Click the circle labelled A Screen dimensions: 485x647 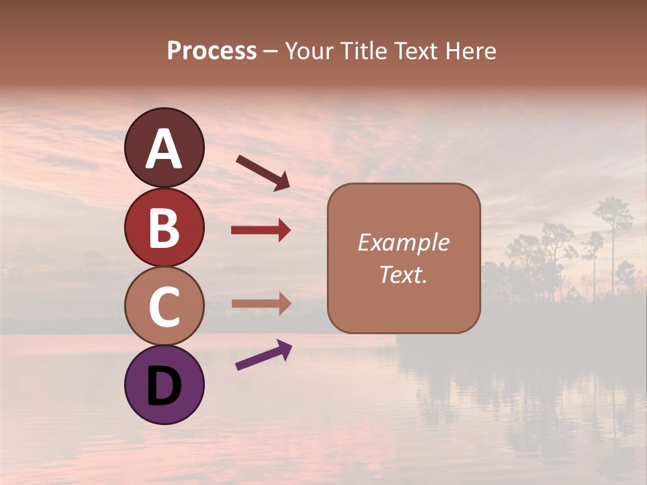click(164, 148)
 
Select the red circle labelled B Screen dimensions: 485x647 click(164, 227)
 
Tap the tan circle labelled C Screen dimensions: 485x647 click(164, 306)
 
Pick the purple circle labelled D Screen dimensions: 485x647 click(164, 385)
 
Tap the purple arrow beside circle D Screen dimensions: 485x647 click(263, 354)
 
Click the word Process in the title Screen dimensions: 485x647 click(212, 51)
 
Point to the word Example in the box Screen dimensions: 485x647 click(403, 243)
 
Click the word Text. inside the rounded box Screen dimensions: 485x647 click(403, 274)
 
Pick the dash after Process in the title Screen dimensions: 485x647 click(270, 52)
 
